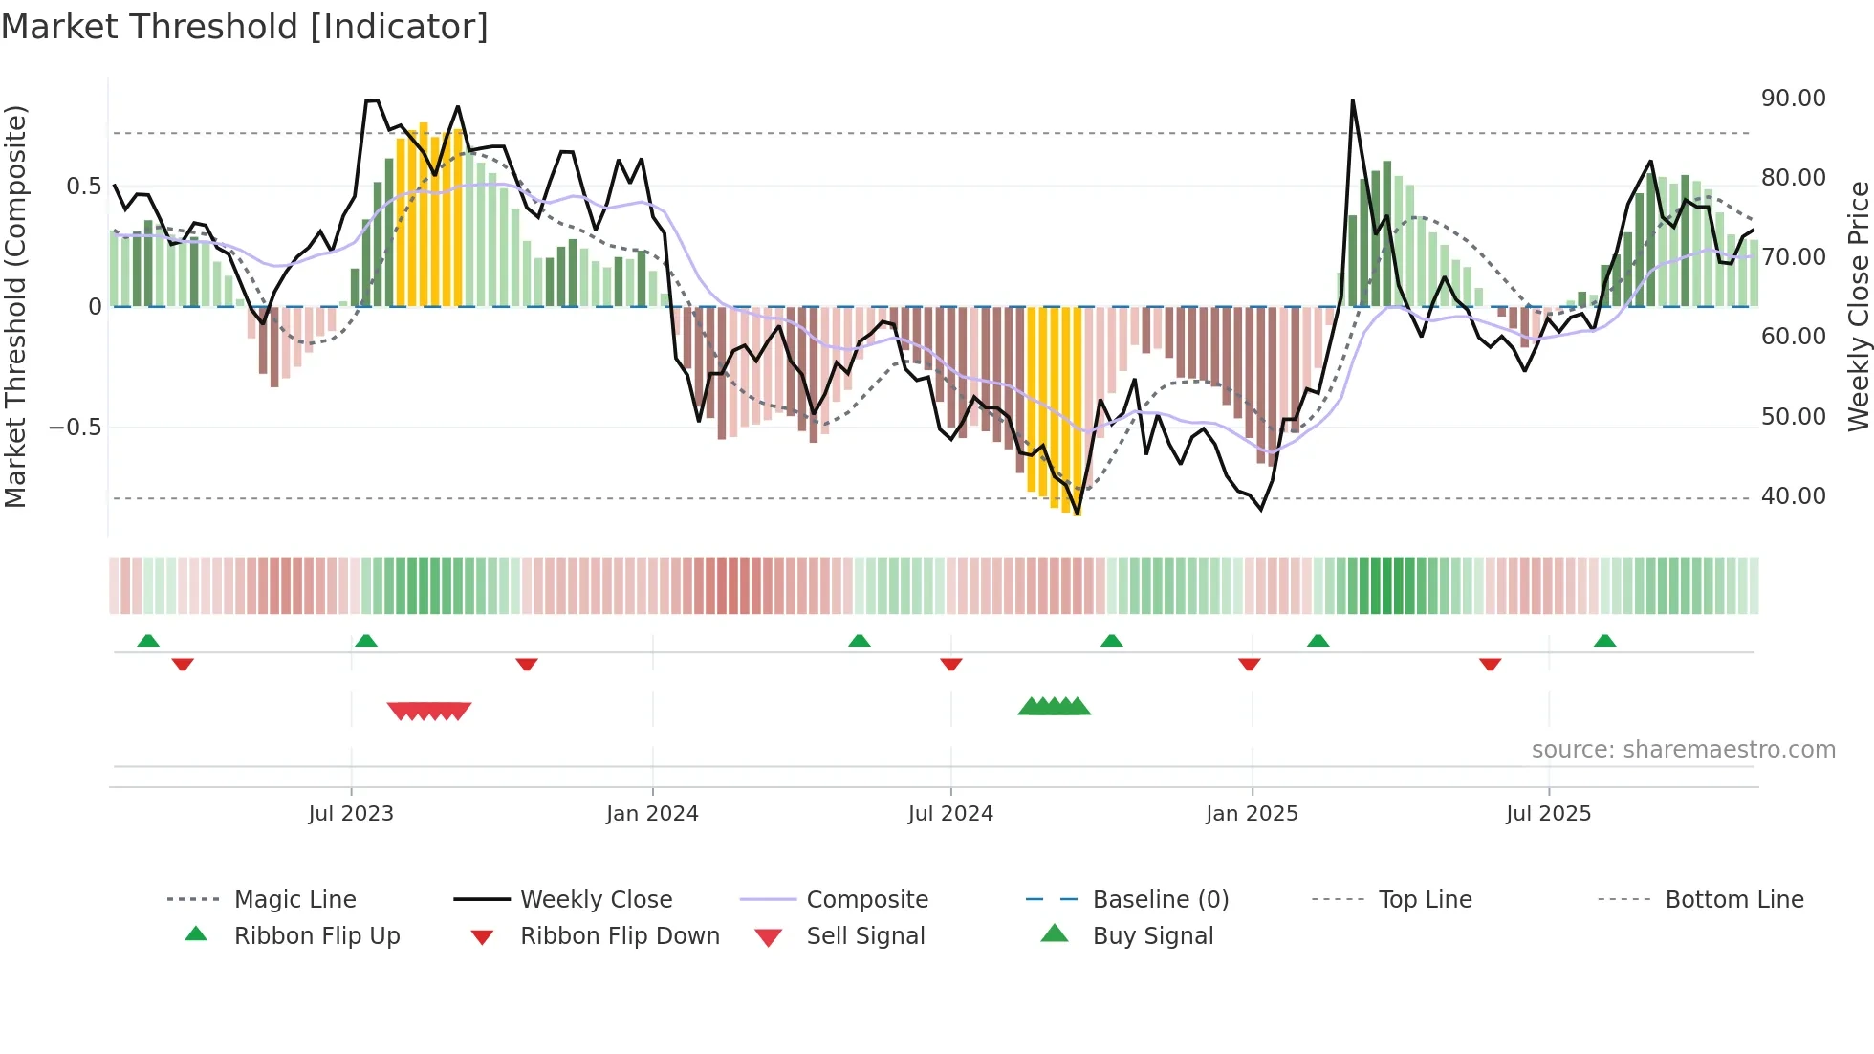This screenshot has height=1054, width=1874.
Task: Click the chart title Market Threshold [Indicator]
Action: [x=245, y=27]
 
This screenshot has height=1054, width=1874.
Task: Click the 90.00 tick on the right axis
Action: [x=1793, y=99]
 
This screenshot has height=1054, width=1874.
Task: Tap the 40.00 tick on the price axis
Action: [x=1793, y=496]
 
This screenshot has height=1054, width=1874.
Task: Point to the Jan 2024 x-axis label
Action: [x=652, y=814]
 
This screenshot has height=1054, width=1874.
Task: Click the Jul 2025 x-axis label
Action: [x=1548, y=814]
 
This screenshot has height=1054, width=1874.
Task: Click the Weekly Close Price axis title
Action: [x=1857, y=306]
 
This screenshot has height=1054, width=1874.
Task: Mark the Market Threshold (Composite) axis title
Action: [x=15, y=306]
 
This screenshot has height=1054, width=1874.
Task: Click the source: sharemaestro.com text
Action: [x=1683, y=750]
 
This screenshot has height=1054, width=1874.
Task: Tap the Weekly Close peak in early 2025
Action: [x=1352, y=101]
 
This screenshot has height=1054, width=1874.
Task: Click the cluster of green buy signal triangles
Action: [x=1054, y=707]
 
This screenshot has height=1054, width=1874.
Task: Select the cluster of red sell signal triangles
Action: [x=429, y=711]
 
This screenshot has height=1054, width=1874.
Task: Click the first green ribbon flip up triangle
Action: [x=148, y=641]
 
